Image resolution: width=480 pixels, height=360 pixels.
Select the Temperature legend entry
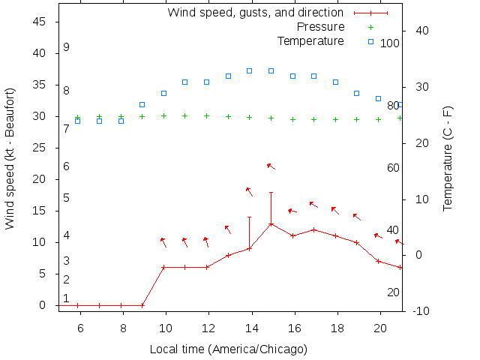(310, 40)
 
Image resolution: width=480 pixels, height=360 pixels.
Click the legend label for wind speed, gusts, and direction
(255, 13)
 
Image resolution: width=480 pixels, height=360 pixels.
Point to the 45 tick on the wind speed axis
(40, 22)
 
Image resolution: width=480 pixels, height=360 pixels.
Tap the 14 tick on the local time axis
(250, 328)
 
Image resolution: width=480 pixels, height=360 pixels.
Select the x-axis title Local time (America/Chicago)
(228, 349)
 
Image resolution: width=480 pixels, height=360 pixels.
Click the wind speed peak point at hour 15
(271, 223)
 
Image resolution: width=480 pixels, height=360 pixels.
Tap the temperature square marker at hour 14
(250, 70)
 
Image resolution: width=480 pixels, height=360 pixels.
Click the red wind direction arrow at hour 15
(271, 166)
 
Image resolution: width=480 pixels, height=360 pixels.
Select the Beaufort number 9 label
(66, 47)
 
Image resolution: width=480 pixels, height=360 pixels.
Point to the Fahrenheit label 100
(390, 43)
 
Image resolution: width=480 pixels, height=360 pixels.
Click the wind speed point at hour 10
(163, 267)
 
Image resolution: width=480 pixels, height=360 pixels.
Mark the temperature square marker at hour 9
(142, 104)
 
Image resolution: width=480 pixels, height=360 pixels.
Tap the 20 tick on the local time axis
(379, 328)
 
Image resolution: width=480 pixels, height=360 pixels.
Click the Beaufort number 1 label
(66, 298)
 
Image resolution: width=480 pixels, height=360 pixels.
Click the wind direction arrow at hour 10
(163, 241)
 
